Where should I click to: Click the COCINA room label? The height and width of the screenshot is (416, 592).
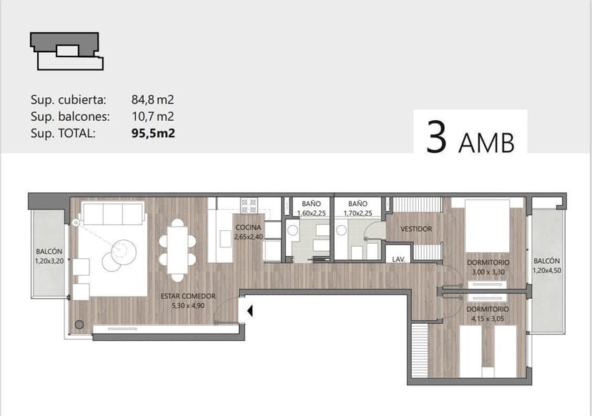[248, 227]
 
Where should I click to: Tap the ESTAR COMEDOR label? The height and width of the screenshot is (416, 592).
[188, 297]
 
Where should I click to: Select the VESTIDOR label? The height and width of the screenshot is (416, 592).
[416, 229]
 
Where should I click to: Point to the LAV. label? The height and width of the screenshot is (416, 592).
[398, 259]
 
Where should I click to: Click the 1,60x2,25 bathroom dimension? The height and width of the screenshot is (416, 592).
[311, 213]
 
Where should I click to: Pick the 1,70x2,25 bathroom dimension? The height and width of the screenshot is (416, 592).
[357, 213]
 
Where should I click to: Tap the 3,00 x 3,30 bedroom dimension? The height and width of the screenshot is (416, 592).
[488, 272]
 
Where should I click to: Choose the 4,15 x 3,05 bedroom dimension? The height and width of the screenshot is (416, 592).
[488, 319]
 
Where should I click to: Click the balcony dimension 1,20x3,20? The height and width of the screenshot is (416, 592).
[49, 261]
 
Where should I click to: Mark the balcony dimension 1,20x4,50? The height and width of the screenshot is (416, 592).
[547, 270]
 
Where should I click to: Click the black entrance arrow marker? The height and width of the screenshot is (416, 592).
[250, 311]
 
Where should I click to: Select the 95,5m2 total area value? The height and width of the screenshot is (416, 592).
[153, 133]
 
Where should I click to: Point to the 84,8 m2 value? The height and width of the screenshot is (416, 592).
[152, 99]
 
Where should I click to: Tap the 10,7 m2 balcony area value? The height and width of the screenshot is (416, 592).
[152, 117]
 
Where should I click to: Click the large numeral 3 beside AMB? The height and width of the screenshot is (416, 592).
[436, 137]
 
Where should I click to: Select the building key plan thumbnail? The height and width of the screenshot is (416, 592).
[66, 51]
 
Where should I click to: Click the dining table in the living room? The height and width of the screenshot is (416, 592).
[177, 250]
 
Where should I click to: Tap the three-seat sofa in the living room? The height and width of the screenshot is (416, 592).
[113, 214]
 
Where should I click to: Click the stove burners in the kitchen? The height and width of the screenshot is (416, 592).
[249, 205]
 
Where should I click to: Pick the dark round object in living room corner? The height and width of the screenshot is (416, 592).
[79, 325]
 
